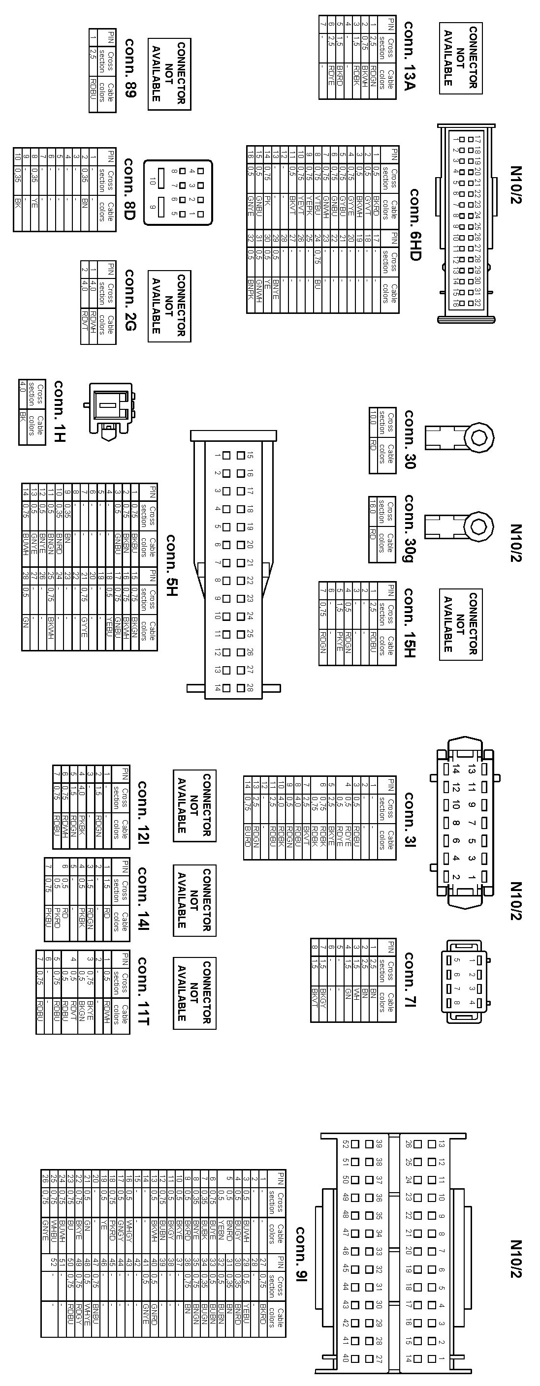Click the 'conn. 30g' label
point(409,529)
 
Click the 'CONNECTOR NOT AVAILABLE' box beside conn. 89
point(169,74)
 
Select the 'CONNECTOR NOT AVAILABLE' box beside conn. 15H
point(460,624)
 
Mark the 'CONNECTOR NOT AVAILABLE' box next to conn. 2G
point(169,306)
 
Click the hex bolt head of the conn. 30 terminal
point(478,437)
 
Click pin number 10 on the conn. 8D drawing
point(153,182)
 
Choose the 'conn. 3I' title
point(409,819)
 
